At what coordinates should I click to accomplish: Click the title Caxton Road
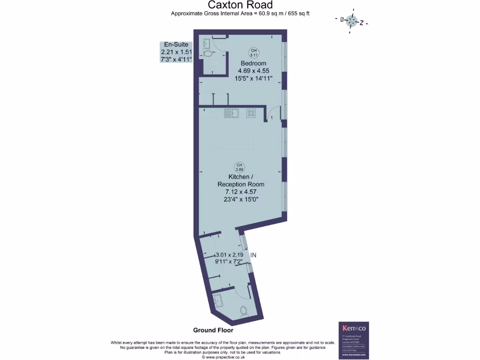click(x=240, y=5)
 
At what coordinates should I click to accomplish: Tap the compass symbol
click(x=352, y=21)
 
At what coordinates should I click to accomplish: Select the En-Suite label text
click(x=176, y=45)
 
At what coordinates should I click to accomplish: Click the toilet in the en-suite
click(x=208, y=54)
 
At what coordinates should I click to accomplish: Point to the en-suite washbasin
click(x=207, y=43)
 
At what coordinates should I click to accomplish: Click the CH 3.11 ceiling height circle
click(x=254, y=52)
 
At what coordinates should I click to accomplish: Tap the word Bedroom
click(x=254, y=63)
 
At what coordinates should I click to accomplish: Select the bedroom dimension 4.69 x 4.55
click(x=254, y=71)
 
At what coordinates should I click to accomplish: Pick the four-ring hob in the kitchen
click(x=251, y=113)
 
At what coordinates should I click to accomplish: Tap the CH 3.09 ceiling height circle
click(x=240, y=166)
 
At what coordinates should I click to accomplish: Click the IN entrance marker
click(x=254, y=255)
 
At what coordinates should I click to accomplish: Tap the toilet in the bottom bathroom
click(x=243, y=311)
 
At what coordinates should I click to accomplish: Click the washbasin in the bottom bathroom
click(x=217, y=299)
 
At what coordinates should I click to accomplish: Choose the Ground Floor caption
click(x=213, y=330)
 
